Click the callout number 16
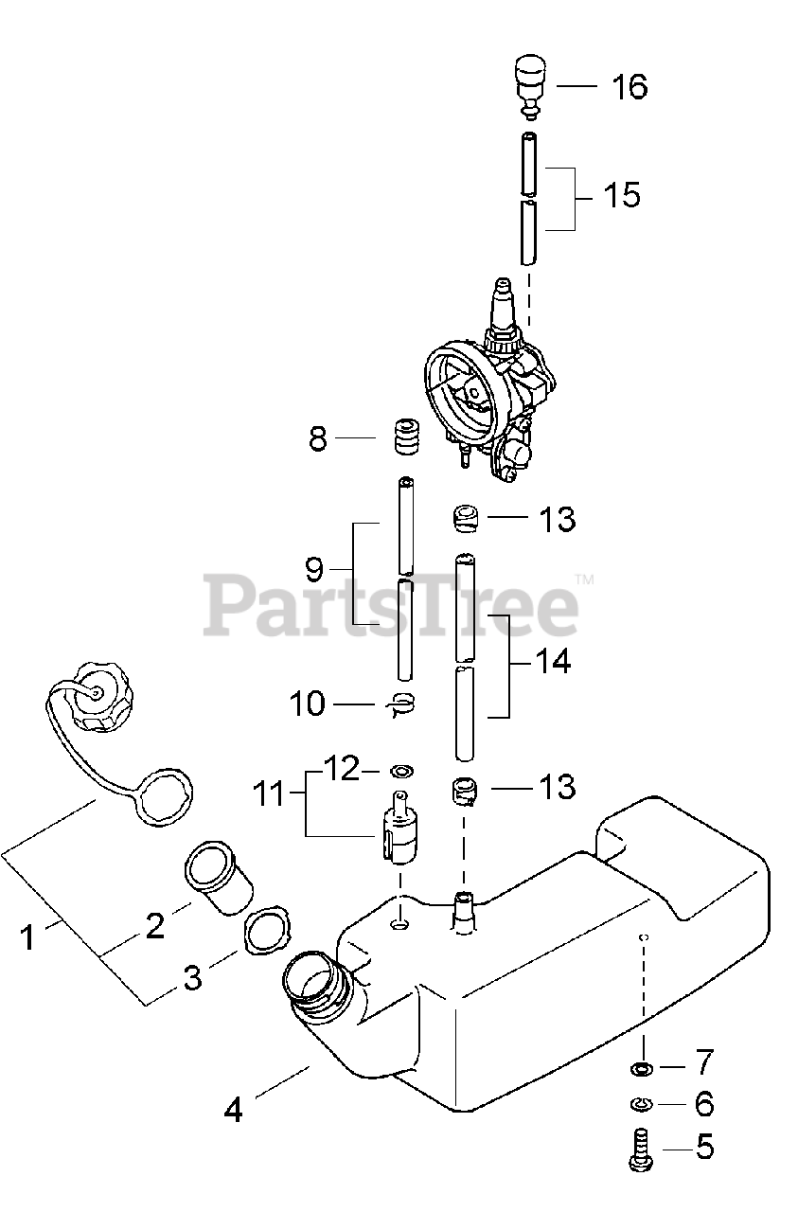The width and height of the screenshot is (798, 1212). pyautogui.click(x=629, y=87)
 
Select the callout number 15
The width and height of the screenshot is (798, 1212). pyautogui.click(x=621, y=196)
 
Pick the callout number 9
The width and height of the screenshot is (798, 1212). pyautogui.click(x=314, y=569)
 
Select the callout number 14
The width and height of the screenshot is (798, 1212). pyautogui.click(x=553, y=661)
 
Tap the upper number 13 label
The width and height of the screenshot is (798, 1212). pyautogui.click(x=557, y=519)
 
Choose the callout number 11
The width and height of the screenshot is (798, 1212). pyautogui.click(x=272, y=793)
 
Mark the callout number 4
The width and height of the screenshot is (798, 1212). pyautogui.click(x=233, y=1109)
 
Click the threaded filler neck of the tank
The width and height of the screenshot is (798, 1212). pyautogui.click(x=317, y=988)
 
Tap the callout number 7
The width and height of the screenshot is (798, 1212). pyautogui.click(x=704, y=1063)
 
